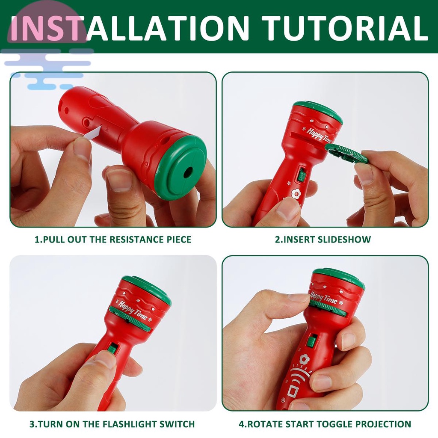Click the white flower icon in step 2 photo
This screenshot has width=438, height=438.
295,195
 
